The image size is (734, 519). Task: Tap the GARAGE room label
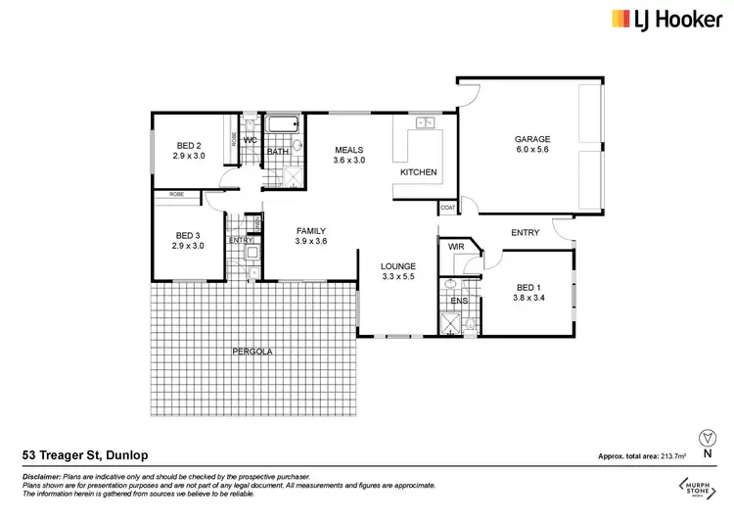click(533, 139)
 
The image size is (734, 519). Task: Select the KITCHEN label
click(418, 173)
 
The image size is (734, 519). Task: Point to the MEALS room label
click(348, 150)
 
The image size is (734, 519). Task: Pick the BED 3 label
click(188, 235)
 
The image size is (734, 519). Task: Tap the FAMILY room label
click(311, 230)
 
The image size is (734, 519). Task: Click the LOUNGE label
click(399, 266)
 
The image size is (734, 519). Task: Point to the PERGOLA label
click(252, 351)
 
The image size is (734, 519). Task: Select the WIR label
click(455, 248)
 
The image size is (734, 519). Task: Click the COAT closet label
click(447, 208)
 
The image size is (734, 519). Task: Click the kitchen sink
click(424, 123)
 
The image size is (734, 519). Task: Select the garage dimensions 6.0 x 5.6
click(533, 152)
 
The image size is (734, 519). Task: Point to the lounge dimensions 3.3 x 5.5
click(399, 278)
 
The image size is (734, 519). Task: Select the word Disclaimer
click(41, 475)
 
